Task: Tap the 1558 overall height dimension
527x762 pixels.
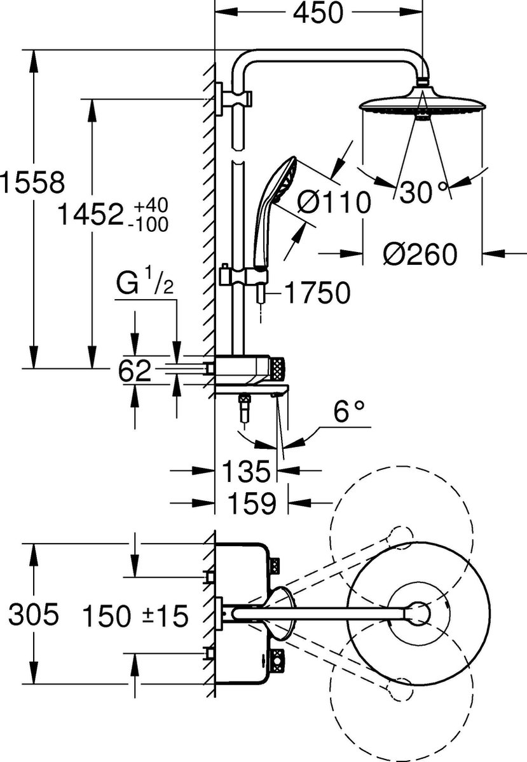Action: (x=32, y=183)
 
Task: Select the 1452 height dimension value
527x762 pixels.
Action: (x=90, y=214)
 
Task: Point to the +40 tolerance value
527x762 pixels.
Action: (x=151, y=205)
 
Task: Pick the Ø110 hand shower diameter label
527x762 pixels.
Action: (x=334, y=202)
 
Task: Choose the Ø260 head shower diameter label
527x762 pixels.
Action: (x=420, y=254)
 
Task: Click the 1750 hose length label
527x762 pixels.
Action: (x=317, y=293)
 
